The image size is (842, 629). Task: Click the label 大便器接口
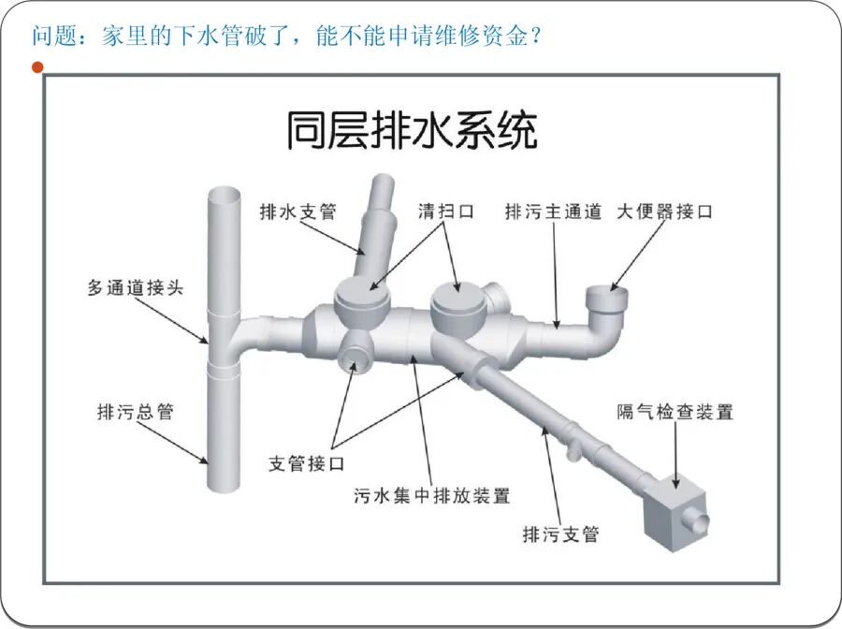664,212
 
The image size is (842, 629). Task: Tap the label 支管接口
307,463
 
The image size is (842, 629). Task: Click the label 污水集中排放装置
432,495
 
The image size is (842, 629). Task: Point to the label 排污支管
560,534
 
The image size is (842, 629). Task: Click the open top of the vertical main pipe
225,195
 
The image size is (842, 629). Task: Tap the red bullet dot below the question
37,67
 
